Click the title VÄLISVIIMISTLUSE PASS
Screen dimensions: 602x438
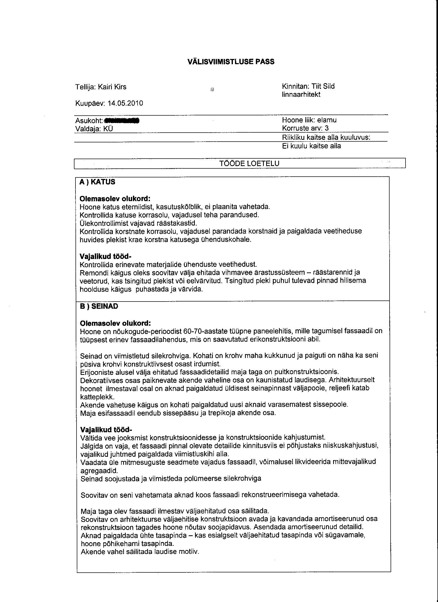click(x=231, y=62)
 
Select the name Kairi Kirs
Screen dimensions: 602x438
click(x=112, y=87)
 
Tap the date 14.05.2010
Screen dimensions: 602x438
click(x=125, y=103)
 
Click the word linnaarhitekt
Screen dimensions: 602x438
click(x=301, y=94)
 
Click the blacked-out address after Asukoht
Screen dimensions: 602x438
click(x=122, y=121)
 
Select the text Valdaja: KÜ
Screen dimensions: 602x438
click(x=94, y=129)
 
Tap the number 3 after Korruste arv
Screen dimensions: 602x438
click(x=327, y=128)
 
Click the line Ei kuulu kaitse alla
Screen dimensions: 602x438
click(x=311, y=146)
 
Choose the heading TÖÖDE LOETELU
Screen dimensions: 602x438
click(x=249, y=164)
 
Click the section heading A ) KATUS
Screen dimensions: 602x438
click(x=97, y=182)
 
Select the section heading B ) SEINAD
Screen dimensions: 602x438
click(x=99, y=306)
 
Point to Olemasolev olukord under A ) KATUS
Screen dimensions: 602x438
click(x=115, y=199)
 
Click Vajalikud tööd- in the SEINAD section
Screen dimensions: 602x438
click(x=106, y=430)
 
